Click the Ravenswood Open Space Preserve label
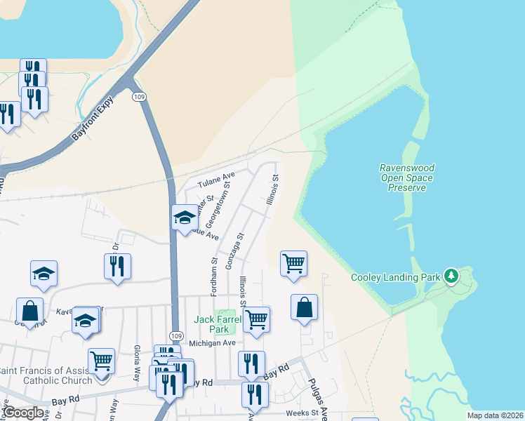coord(407,178)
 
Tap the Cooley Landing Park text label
coord(396,277)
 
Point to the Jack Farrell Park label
coord(217,324)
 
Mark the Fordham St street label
coord(214,261)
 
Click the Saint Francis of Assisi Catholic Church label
coord(46,375)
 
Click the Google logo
coord(23,413)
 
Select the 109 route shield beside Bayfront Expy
coord(139,96)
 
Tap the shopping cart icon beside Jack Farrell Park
coord(257,319)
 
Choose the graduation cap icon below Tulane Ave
coord(185,217)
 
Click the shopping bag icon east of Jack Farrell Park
coord(304,307)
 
